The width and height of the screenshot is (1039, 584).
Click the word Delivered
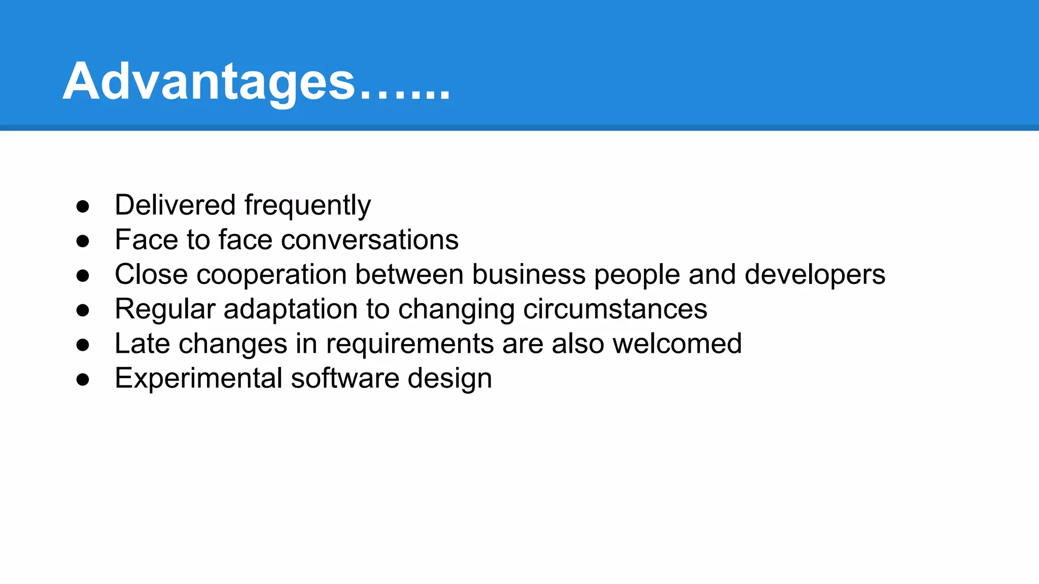tap(175, 205)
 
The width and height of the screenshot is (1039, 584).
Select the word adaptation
tap(290, 310)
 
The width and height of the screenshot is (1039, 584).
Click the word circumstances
tap(615, 309)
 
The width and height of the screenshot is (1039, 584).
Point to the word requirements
tap(409, 344)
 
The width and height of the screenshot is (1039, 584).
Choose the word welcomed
tap(677, 343)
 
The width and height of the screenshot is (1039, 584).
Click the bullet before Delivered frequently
tap(83, 206)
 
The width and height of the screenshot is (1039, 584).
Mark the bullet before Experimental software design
tap(83, 380)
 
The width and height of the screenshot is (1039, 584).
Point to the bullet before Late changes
tap(83, 345)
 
